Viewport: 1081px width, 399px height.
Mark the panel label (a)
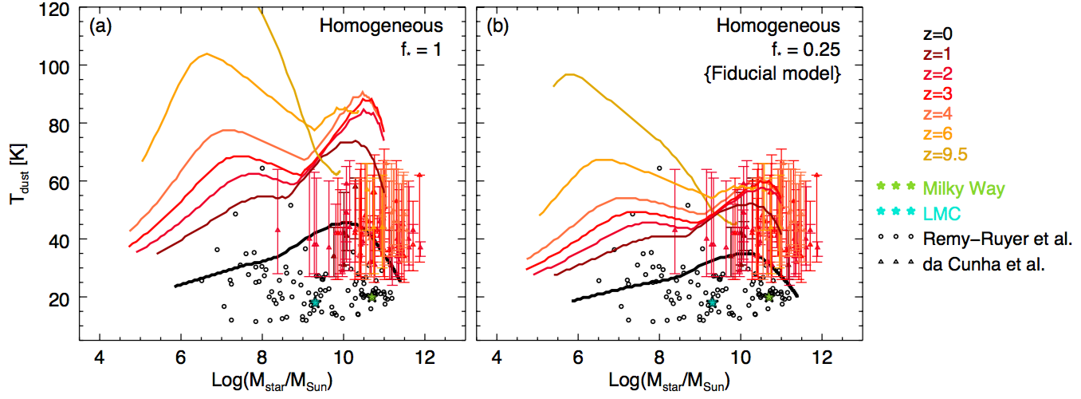[100, 26]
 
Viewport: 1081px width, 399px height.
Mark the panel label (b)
[498, 26]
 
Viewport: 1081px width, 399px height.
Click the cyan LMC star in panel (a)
[315, 302]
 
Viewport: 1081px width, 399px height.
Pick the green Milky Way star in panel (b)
[769, 295]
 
